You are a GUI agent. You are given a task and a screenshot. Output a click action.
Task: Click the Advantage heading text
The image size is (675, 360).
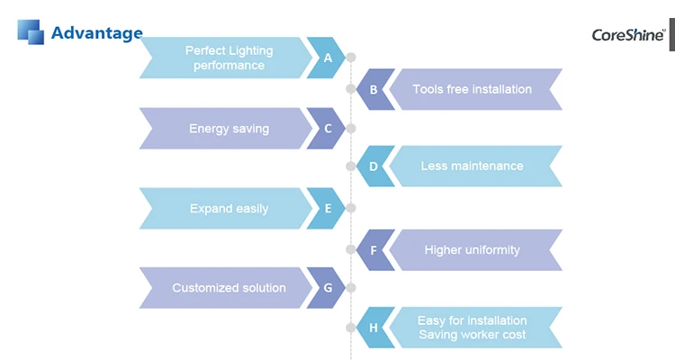point(96,33)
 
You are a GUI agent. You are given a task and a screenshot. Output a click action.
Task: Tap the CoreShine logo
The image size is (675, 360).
point(627,35)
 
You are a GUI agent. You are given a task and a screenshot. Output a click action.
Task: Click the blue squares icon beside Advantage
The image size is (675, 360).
point(31,31)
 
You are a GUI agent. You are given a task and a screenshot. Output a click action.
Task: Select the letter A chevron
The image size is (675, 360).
point(327,58)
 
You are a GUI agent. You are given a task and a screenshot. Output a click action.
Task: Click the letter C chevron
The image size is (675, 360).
point(327,129)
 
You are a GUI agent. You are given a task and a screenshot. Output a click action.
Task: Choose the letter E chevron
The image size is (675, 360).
point(327,209)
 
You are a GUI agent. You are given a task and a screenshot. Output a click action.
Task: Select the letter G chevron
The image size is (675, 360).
point(327,288)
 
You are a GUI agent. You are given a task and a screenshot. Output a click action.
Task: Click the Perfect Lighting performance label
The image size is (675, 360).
point(229,58)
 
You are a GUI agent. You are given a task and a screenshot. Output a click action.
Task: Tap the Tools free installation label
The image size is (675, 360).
point(472,89)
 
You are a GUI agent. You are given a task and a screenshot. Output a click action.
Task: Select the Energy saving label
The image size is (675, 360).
point(229,129)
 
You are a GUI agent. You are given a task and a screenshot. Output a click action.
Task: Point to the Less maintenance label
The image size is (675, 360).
point(472,166)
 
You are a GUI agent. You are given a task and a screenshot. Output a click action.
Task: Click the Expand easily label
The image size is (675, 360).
point(229,209)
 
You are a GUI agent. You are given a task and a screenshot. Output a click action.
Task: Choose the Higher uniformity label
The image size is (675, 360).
point(472,249)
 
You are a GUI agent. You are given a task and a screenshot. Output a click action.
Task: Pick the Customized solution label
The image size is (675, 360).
point(229,288)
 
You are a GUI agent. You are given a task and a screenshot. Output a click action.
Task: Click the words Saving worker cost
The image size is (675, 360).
point(472,335)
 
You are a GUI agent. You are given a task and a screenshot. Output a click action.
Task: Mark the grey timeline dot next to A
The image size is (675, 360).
point(351,58)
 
